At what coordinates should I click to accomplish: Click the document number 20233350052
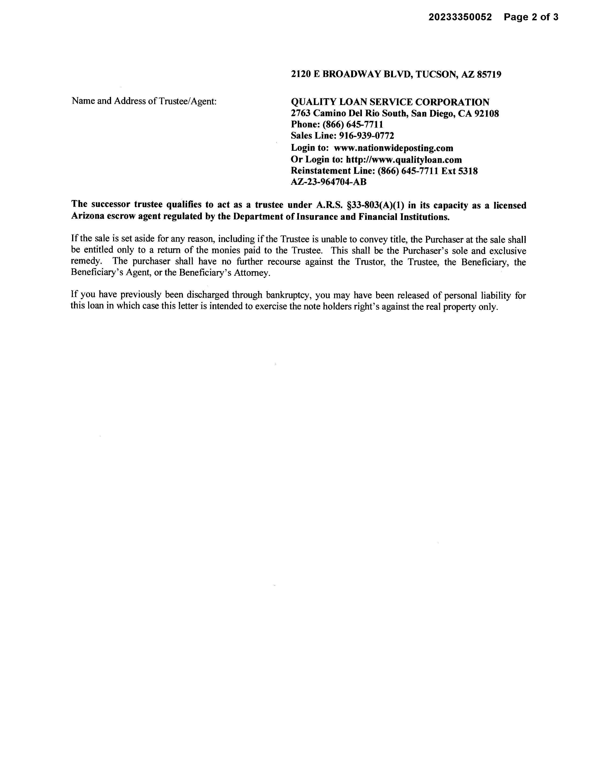coord(460,17)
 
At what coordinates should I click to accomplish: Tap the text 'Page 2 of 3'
coord(531,17)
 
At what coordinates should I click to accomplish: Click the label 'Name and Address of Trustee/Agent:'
coord(144,101)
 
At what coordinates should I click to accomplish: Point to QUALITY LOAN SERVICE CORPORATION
coord(390,102)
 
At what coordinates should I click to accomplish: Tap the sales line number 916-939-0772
coord(366,136)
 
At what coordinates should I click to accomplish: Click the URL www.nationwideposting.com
coord(393,148)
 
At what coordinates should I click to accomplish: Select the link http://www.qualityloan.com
coord(404,160)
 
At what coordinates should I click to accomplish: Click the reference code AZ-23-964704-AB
coord(329,182)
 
